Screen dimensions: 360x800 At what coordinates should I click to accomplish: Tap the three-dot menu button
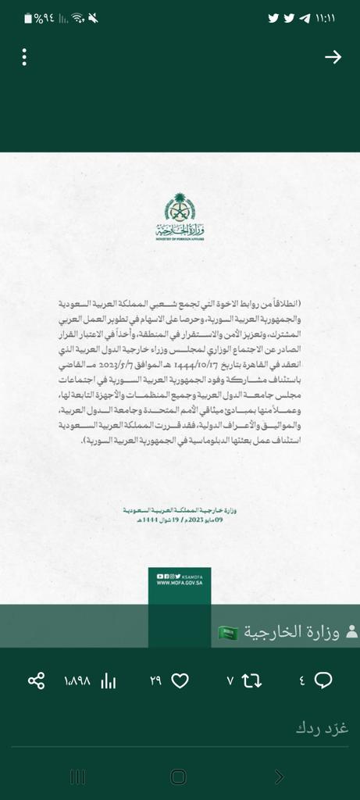point(25,57)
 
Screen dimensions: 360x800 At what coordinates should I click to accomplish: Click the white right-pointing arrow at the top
point(333,57)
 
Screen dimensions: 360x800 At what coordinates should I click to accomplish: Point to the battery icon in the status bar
point(29,18)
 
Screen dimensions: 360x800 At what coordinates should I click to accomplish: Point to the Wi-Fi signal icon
point(77,18)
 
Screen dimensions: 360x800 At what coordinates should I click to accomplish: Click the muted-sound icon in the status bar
point(93,18)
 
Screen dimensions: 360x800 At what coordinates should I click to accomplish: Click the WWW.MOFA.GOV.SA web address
point(180,582)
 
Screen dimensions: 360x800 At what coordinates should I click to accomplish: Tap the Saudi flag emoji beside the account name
point(226,631)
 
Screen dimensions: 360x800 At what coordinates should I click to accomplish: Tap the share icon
point(36,680)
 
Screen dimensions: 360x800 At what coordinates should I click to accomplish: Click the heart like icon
point(180,680)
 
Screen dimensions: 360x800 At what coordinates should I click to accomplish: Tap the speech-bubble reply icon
point(323,680)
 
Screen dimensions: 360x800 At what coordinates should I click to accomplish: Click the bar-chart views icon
point(109,680)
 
